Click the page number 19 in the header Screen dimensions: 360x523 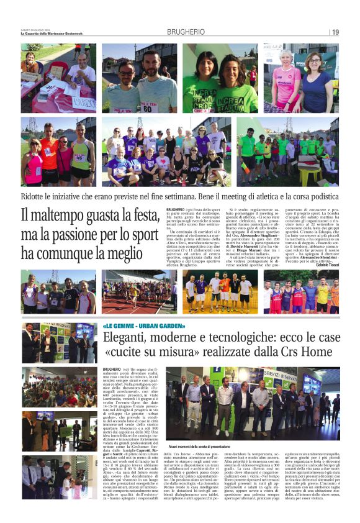335,32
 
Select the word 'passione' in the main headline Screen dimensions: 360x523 83,235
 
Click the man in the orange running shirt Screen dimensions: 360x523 49,152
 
